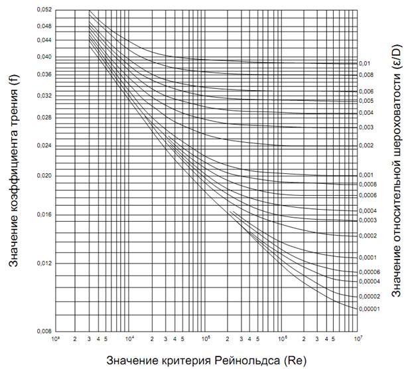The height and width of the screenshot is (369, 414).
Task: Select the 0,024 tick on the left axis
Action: click(42, 145)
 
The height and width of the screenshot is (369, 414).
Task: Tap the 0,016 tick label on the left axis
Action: click(42, 214)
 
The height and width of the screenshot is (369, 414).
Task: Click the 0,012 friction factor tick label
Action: click(42, 263)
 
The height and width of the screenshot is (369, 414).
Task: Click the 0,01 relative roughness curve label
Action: click(364, 64)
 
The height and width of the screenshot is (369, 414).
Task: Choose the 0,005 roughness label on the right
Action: click(367, 101)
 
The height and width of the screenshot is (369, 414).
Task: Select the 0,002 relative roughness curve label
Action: click(367, 145)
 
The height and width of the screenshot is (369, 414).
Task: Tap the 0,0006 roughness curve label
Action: click(368, 196)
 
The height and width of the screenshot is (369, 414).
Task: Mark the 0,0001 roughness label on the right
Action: click(368, 258)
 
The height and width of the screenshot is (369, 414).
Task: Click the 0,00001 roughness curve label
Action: click(370, 309)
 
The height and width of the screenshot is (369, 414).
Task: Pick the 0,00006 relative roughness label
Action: click(370, 272)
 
